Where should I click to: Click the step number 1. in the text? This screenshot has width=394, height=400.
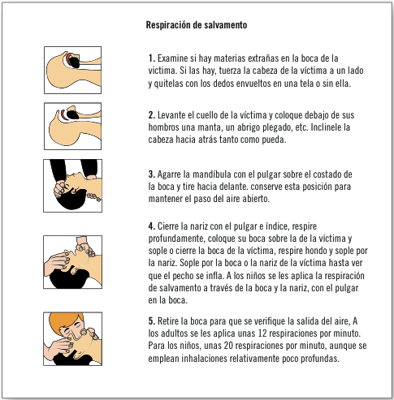click(152, 58)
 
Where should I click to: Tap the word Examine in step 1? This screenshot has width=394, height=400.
click(174, 58)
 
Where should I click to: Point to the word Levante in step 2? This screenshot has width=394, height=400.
click(174, 115)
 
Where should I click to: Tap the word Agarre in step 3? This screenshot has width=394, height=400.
click(172, 174)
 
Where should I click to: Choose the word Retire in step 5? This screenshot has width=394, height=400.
click(171, 321)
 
